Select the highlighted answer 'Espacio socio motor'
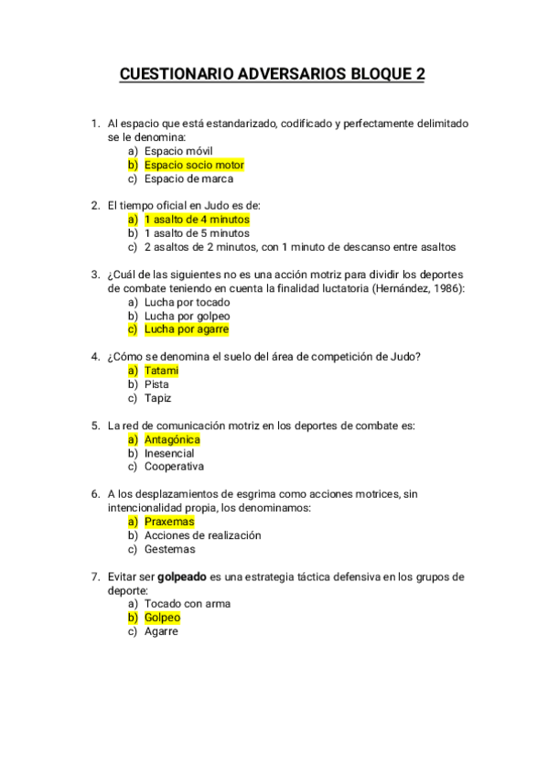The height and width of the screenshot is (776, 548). (x=194, y=165)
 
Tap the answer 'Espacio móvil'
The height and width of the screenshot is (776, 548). (x=177, y=151)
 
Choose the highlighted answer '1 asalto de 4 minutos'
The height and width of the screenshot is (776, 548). (x=197, y=220)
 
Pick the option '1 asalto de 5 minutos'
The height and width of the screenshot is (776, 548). (x=197, y=233)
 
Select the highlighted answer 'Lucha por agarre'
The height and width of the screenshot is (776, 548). (x=187, y=329)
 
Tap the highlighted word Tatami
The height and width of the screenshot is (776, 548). (x=161, y=371)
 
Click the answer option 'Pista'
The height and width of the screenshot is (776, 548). (x=157, y=384)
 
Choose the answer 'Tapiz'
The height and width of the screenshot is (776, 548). (x=158, y=398)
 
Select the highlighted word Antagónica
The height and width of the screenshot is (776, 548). (x=172, y=439)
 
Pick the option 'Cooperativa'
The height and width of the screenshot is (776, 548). (x=174, y=467)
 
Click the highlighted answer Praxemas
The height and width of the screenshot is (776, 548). (x=169, y=522)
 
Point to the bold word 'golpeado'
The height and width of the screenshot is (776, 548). (x=182, y=577)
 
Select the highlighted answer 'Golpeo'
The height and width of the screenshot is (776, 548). (x=163, y=618)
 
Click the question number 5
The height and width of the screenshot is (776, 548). (x=94, y=426)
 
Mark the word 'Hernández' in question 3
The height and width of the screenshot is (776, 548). (x=394, y=288)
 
